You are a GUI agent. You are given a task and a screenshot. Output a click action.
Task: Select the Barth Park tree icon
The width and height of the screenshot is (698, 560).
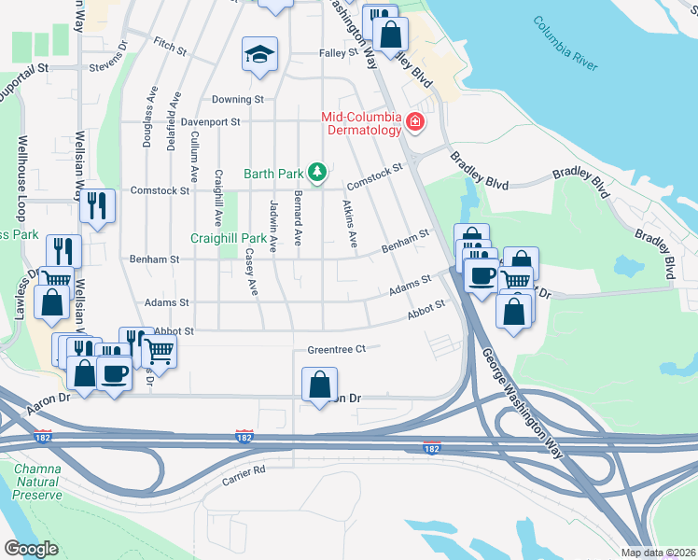point(318,173)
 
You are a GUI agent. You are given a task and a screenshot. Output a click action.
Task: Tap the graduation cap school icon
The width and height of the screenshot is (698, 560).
point(259,54)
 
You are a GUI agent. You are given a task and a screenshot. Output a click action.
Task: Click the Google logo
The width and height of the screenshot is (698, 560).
point(31,549)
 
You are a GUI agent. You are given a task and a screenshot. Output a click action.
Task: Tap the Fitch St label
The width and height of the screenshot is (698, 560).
point(165,43)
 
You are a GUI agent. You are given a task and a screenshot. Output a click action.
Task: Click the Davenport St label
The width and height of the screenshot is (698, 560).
point(211,121)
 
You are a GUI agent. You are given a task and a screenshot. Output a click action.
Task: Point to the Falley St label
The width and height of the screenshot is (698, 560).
point(339,53)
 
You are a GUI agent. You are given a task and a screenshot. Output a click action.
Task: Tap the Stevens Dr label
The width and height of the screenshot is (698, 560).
point(109,67)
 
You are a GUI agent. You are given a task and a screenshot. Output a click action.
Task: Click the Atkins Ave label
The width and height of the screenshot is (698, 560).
point(349,224)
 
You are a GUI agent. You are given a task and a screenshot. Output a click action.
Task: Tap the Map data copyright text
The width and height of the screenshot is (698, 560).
point(657,553)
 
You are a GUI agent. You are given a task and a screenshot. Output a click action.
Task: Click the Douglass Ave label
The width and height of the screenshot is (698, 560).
point(147,119)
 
